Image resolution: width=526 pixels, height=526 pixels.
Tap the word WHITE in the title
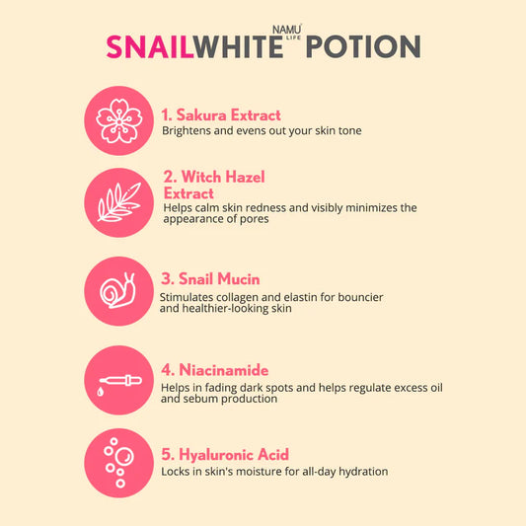pyautogui.click(x=233, y=46)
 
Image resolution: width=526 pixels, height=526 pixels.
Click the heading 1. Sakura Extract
pyautogui.click(x=221, y=114)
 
